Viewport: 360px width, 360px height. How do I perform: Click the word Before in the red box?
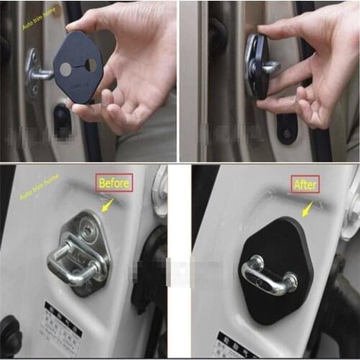pyautogui.click(x=114, y=183)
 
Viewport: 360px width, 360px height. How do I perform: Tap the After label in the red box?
pyautogui.click(x=304, y=184)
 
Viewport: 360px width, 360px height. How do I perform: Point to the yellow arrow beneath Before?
pyautogui.click(x=107, y=205)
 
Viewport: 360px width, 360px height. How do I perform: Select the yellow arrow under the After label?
pyautogui.click(x=307, y=209)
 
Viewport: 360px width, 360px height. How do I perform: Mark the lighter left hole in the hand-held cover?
pyautogui.click(x=67, y=70)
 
